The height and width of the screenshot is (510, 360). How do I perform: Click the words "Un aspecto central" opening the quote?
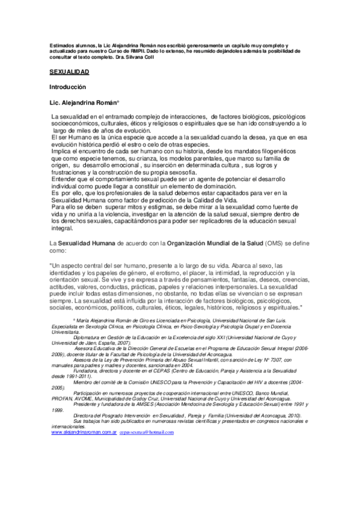tap(76, 265)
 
